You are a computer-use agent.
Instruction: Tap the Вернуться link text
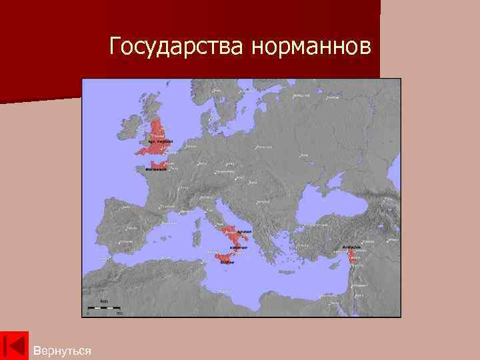[x=62, y=350]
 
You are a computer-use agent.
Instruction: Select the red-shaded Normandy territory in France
[x=159, y=164]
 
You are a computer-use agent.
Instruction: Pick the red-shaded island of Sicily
[x=226, y=258]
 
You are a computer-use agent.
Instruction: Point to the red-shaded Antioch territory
[x=351, y=254]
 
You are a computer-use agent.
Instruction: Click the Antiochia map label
[x=351, y=247]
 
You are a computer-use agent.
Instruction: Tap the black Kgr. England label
[x=160, y=141]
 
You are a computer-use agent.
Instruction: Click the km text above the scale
[x=104, y=301]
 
